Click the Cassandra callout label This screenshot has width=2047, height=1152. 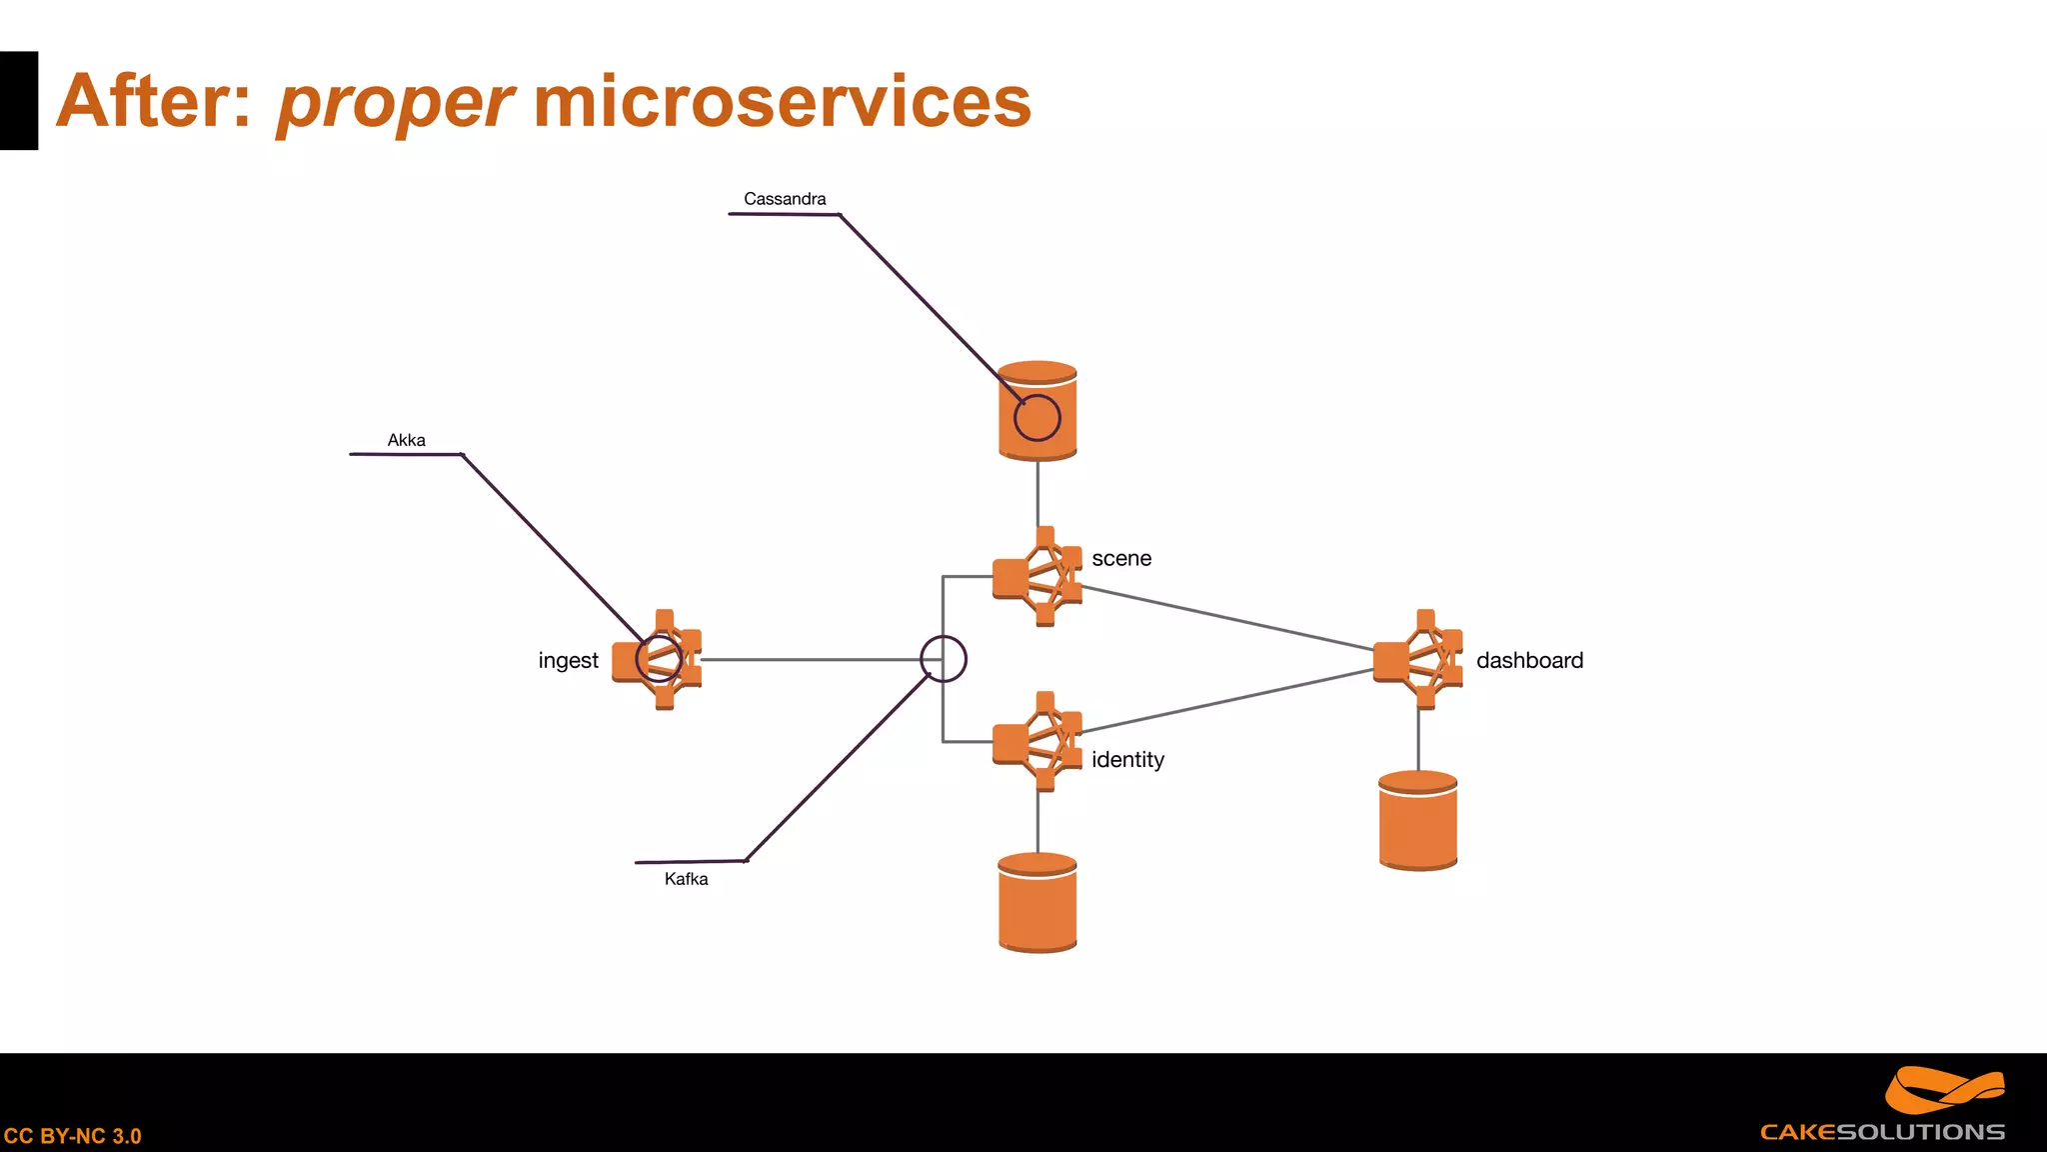pyautogui.click(x=785, y=199)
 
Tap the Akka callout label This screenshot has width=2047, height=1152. pyautogui.click(x=406, y=440)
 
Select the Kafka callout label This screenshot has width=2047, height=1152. pyautogui.click(x=686, y=879)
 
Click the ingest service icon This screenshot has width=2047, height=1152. pyautogui.click(x=658, y=660)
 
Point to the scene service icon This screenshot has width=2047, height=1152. pyautogui.click(x=1037, y=577)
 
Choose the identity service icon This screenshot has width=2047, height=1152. pyautogui.click(x=1037, y=741)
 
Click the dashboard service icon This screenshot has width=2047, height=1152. pyautogui.click(x=1418, y=660)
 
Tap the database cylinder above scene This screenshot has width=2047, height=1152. pyautogui.click(x=1037, y=411)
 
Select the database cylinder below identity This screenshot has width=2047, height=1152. pyautogui.click(x=1037, y=903)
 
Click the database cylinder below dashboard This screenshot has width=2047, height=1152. pyautogui.click(x=1417, y=821)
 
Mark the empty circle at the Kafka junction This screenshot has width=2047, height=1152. pyautogui.click(x=943, y=660)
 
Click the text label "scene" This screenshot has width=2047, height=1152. pyautogui.click(x=1121, y=559)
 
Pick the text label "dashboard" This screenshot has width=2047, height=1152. pyautogui.click(x=1529, y=661)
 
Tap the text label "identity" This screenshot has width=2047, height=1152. pyautogui.click(x=1127, y=760)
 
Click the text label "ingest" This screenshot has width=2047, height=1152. pyautogui.click(x=568, y=661)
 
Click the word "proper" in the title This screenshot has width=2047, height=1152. pyautogui.click(x=395, y=104)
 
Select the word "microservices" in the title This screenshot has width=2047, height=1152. pyautogui.click(x=782, y=102)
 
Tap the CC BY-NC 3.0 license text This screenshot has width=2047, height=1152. pyautogui.click(x=72, y=1136)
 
